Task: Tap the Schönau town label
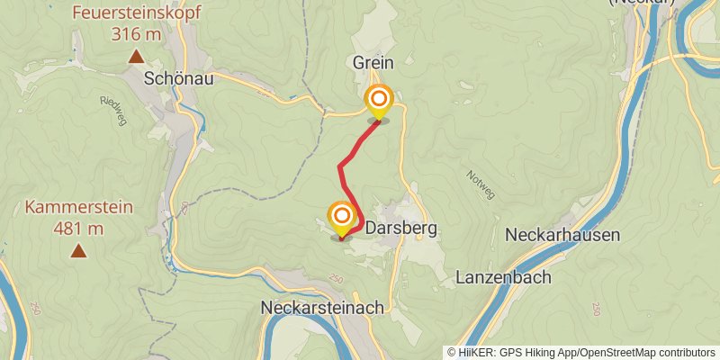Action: (x=180, y=78)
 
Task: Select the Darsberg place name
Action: (x=402, y=229)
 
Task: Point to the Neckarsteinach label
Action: (x=322, y=307)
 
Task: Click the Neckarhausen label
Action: (x=562, y=235)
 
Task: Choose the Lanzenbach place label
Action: (x=504, y=277)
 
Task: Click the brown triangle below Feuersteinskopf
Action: (x=136, y=57)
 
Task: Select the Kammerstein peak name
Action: (x=79, y=207)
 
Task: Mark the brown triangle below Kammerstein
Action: (x=79, y=250)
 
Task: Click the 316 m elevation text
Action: (x=136, y=35)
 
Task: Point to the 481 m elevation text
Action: (x=79, y=229)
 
